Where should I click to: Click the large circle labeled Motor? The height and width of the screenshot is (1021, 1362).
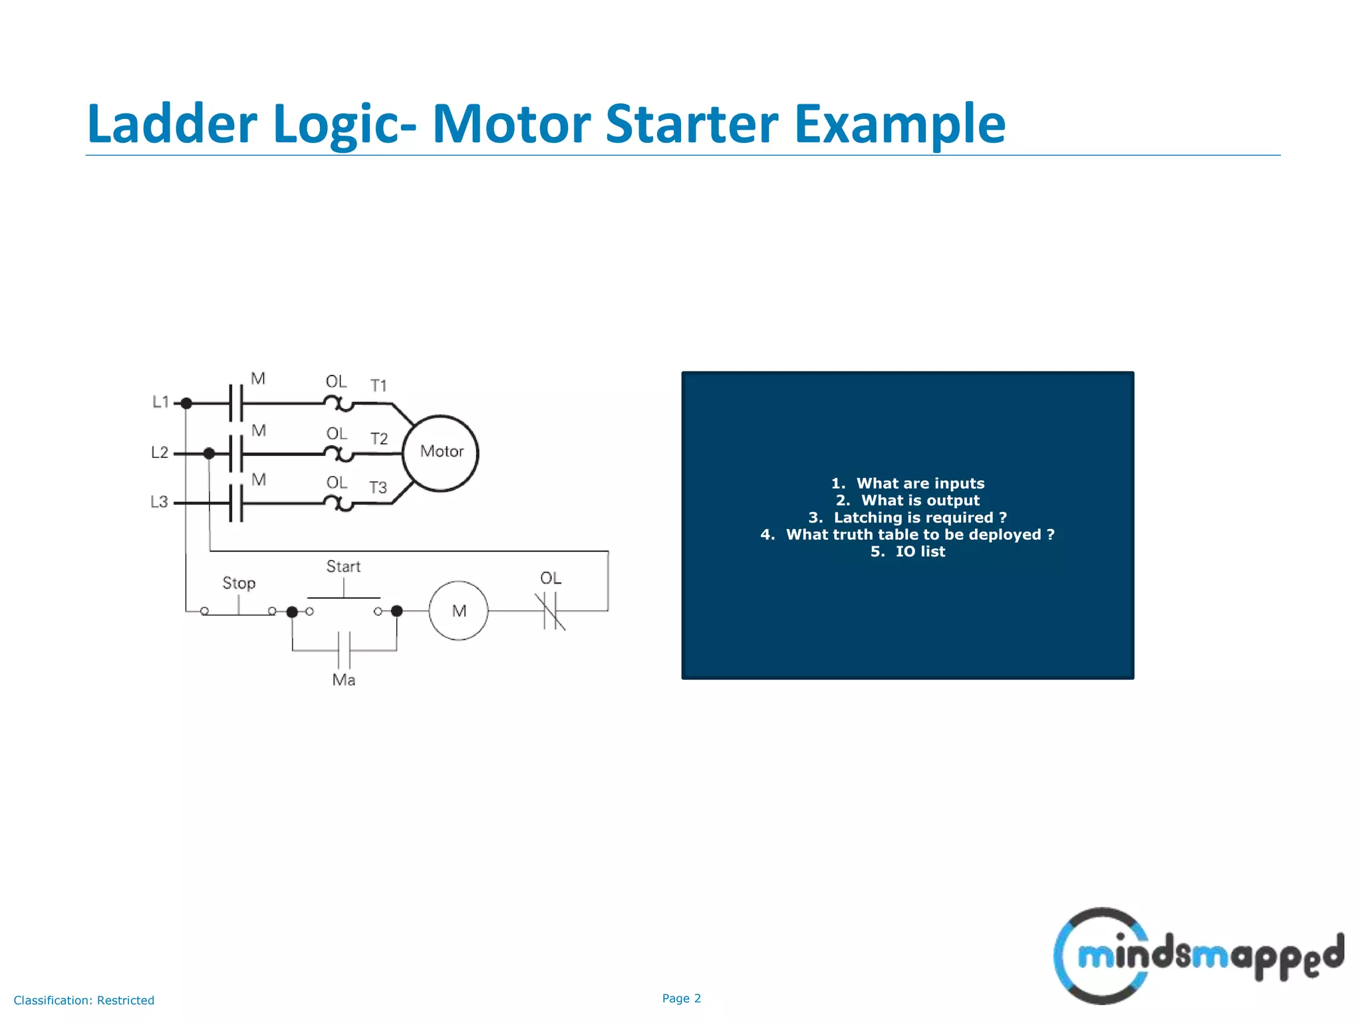click(440, 453)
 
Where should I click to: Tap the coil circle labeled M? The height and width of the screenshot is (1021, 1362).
click(458, 611)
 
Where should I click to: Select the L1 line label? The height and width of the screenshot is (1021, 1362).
click(161, 401)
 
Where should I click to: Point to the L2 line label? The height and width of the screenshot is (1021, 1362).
click(160, 453)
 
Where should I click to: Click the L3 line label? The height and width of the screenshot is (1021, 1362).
click(159, 502)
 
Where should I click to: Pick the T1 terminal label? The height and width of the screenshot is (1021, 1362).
click(378, 386)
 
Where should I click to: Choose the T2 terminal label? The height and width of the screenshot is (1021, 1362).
click(379, 439)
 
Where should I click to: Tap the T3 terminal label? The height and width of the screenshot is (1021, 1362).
click(378, 488)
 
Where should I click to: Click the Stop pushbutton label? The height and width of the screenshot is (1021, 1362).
click(239, 583)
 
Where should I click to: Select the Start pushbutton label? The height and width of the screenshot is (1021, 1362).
click(343, 566)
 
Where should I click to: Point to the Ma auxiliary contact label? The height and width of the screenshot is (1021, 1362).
click(344, 680)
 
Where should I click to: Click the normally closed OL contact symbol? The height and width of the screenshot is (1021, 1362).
click(550, 611)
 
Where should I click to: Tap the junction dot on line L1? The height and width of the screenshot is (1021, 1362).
click(187, 403)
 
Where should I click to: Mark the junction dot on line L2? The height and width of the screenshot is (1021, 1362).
click(209, 453)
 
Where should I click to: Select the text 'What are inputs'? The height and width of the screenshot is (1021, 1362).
click(920, 483)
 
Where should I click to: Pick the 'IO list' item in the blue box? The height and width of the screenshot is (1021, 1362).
click(920, 552)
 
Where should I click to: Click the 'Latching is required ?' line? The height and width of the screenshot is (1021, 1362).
click(920, 518)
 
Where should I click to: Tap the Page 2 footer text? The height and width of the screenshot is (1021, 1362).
click(681, 998)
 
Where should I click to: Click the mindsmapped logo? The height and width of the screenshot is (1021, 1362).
click(1197, 956)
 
